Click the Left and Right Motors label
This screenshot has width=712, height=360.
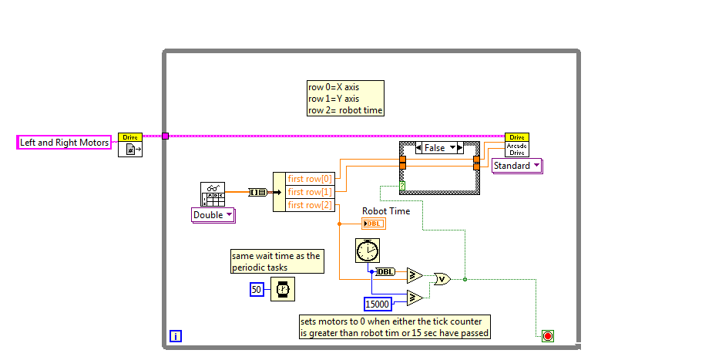tap(64, 142)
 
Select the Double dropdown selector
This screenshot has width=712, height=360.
tap(213, 215)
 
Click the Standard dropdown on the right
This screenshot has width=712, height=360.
tap(516, 166)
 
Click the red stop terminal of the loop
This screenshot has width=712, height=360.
tap(548, 335)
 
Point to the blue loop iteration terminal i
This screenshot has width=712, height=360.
tap(176, 335)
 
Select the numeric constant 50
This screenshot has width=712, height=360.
tap(257, 289)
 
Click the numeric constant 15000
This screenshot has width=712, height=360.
tap(378, 304)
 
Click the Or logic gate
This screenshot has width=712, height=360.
tap(442, 279)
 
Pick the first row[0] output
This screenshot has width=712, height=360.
tap(311, 178)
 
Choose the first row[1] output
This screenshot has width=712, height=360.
tap(311, 191)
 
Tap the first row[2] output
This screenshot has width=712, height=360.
tap(311, 204)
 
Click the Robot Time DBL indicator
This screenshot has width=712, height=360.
tap(373, 224)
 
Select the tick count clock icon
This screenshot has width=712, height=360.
tap(368, 251)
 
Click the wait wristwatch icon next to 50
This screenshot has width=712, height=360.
tap(283, 289)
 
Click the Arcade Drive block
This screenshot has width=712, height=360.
tap(517, 145)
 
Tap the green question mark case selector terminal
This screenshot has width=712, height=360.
tap(402, 186)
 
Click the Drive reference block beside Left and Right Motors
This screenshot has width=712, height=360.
tap(129, 145)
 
